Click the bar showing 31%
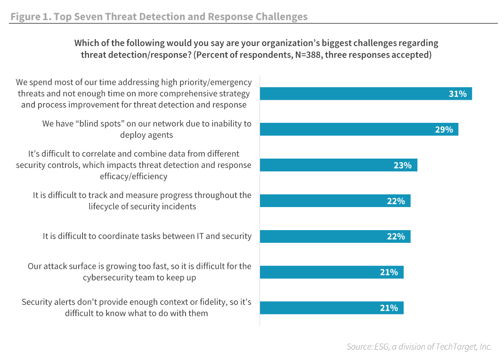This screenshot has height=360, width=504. (x=366, y=94)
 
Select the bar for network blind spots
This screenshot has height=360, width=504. (x=359, y=129)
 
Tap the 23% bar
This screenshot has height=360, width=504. (x=338, y=165)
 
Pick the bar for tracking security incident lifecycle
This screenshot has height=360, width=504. (x=335, y=201)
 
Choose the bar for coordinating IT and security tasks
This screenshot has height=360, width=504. (x=335, y=236)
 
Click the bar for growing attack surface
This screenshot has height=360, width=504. (x=332, y=272)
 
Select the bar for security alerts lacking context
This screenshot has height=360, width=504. (x=332, y=308)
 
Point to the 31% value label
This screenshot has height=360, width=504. (x=457, y=94)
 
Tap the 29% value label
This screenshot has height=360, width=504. (x=444, y=129)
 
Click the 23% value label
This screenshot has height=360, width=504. (x=403, y=165)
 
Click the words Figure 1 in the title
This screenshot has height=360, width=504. (x=30, y=17)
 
